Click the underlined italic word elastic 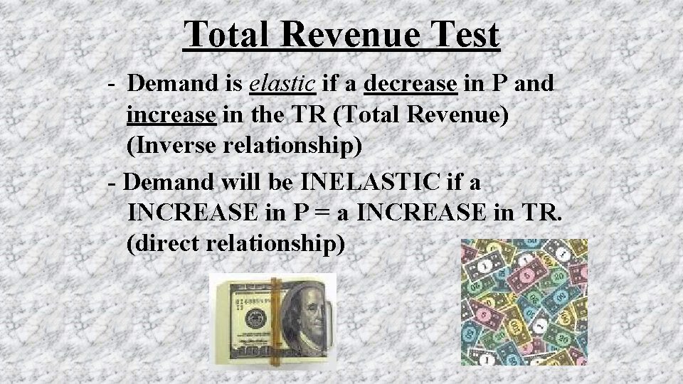click(282, 85)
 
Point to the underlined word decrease click(410, 85)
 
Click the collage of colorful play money click(524, 302)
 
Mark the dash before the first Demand click(114, 85)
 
